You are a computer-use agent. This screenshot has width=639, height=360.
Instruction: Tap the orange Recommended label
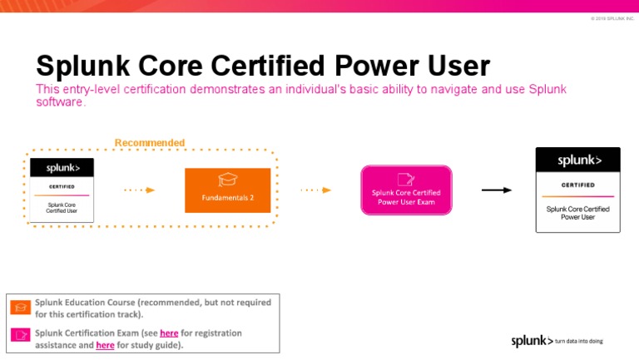pos(150,143)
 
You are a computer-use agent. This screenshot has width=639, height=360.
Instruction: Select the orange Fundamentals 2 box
pos(227,190)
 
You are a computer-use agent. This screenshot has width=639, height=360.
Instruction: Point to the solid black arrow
pos(497,190)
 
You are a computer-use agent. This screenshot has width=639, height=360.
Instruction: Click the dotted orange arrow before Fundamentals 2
pos(139,190)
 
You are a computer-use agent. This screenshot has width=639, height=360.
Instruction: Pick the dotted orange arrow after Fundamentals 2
pos(315,190)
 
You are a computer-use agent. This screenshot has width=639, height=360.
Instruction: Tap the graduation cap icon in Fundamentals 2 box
pos(227,180)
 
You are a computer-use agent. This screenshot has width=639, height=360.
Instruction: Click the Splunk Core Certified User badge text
pos(62,208)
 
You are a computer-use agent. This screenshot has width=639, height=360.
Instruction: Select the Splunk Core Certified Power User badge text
pos(577,213)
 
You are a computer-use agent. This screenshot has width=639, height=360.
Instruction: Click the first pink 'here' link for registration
pos(169,333)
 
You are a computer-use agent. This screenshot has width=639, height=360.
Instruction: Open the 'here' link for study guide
pos(106,345)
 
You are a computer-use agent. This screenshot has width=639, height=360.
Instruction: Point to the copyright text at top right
pos(612,18)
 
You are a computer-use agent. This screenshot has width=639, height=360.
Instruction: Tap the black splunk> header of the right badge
pos(577,160)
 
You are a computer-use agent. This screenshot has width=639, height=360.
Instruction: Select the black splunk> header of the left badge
pos(62,168)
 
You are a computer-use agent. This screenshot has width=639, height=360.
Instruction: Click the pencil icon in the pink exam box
pos(406,179)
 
